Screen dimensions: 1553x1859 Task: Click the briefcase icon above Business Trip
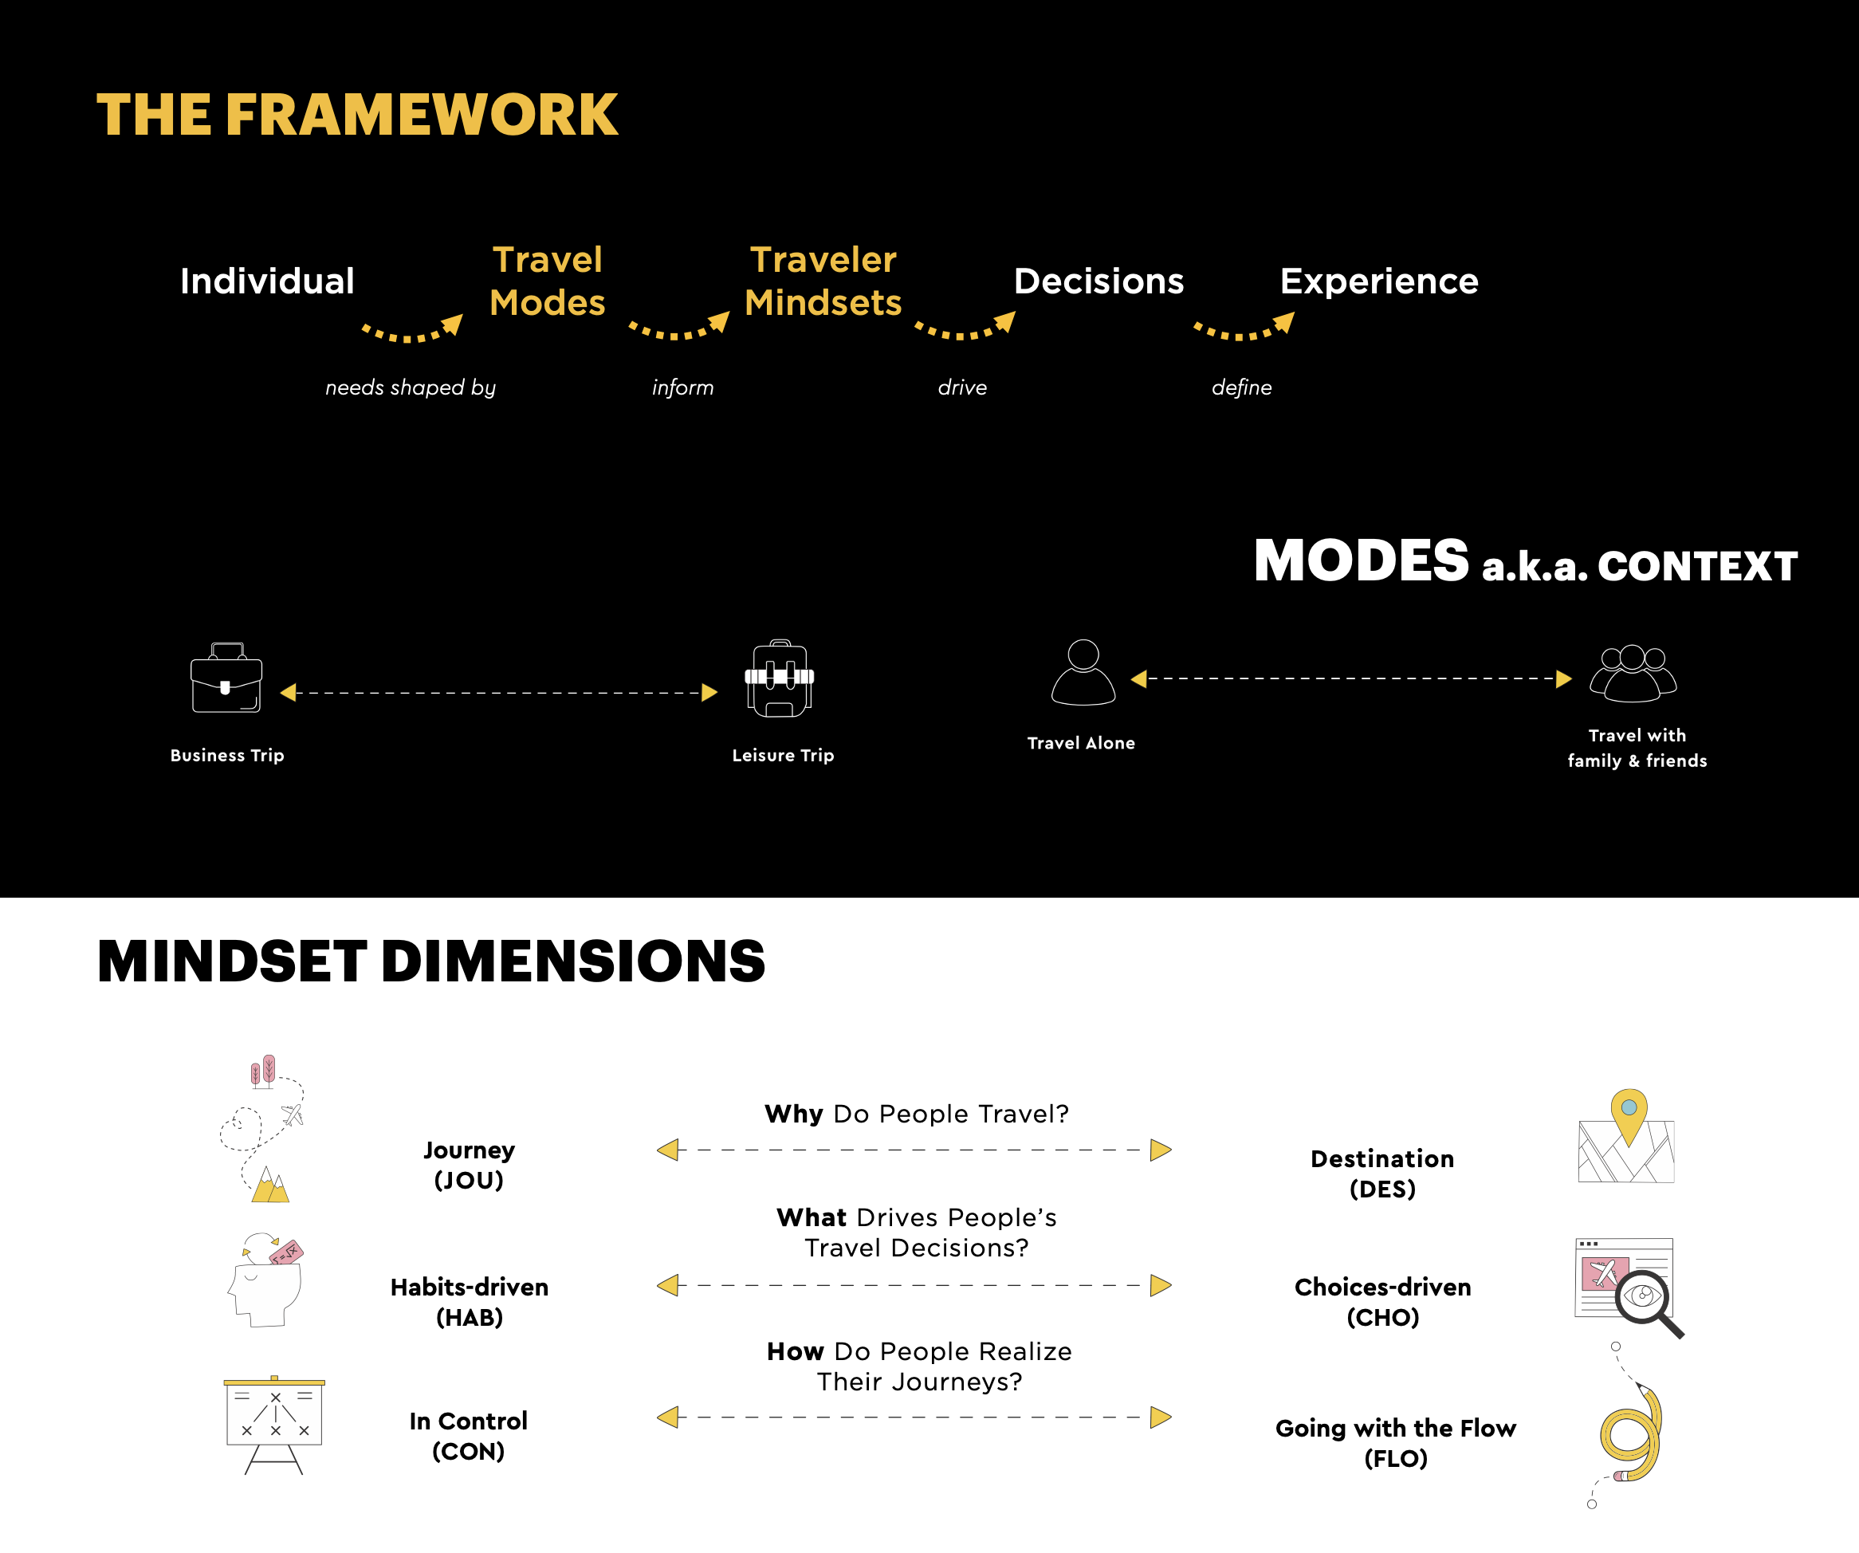click(226, 678)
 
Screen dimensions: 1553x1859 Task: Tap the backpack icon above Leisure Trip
click(779, 678)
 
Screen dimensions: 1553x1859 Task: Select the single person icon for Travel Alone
click(1083, 673)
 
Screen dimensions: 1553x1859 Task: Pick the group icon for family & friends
click(1633, 674)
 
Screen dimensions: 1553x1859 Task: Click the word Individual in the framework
click(266, 281)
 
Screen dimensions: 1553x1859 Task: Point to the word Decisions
click(1098, 281)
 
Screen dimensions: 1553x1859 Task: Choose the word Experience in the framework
click(1378, 281)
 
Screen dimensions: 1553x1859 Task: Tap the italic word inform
click(682, 387)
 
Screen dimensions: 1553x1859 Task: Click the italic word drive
click(962, 387)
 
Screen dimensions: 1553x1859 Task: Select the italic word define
click(1241, 387)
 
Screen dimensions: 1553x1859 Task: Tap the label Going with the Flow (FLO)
click(1395, 1443)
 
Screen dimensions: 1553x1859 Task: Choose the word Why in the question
click(794, 1114)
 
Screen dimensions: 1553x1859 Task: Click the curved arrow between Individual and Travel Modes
click(412, 330)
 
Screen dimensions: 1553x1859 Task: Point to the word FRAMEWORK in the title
click(422, 115)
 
